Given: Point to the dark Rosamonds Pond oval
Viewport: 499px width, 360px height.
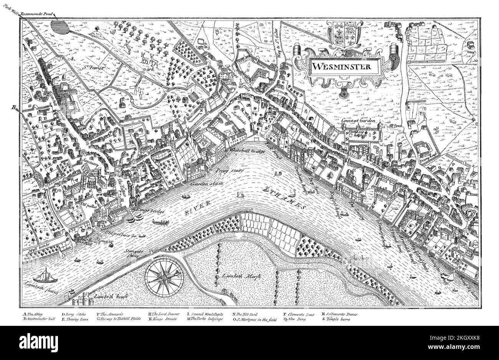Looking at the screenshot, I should coord(61,28).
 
